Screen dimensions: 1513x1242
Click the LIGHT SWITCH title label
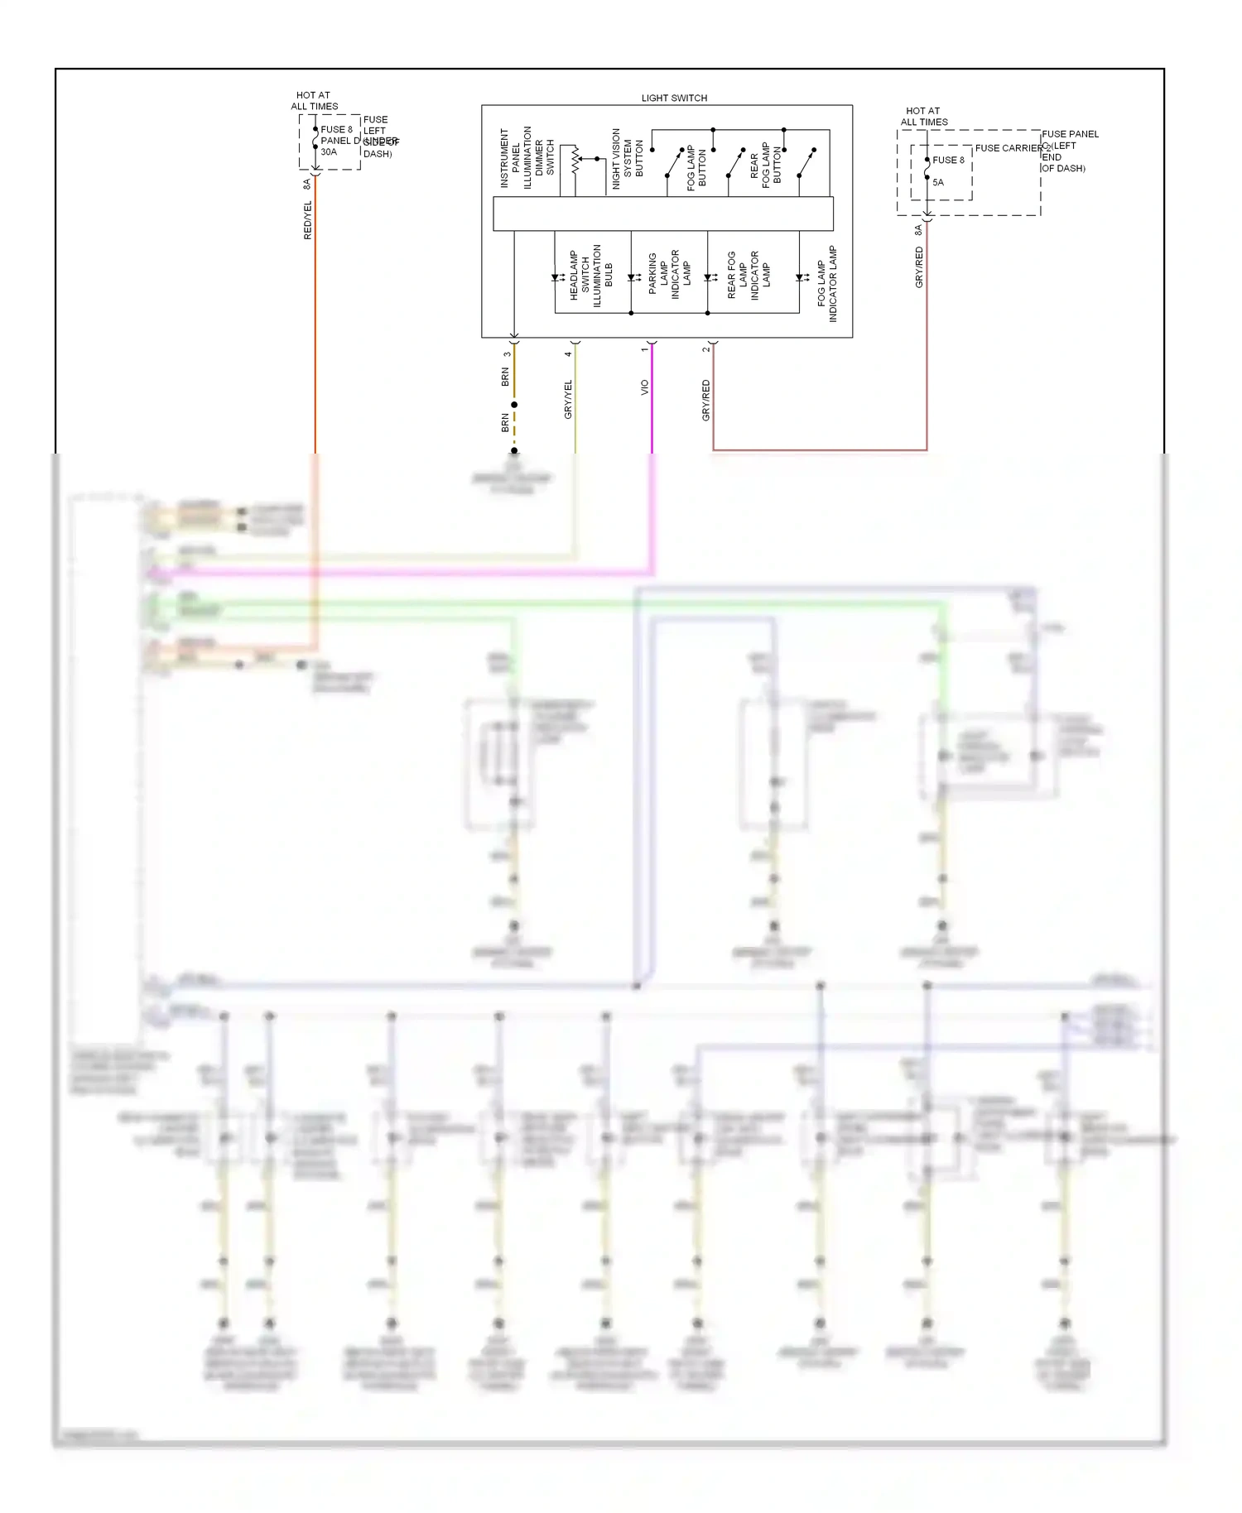point(674,98)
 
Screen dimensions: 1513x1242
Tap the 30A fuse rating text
point(329,152)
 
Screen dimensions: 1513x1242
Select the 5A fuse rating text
point(938,183)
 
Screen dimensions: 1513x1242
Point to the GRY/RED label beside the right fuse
point(919,267)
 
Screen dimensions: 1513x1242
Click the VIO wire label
point(644,387)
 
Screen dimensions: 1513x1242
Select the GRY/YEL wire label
point(568,399)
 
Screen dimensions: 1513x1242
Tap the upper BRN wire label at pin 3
point(505,377)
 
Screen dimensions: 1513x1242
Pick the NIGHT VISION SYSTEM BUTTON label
point(627,158)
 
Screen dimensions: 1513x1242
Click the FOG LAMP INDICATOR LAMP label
point(827,284)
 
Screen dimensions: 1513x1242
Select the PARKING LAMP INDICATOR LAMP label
point(669,274)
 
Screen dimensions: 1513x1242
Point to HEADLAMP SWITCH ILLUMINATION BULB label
point(590,276)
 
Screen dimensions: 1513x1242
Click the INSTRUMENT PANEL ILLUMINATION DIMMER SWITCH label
point(527,157)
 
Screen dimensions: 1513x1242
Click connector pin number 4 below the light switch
point(568,353)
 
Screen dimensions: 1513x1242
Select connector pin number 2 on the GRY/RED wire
point(705,349)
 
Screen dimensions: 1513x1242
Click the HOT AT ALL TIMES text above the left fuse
point(314,101)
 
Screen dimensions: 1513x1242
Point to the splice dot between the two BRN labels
point(514,405)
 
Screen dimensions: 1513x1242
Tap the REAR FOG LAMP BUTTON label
point(765,165)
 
